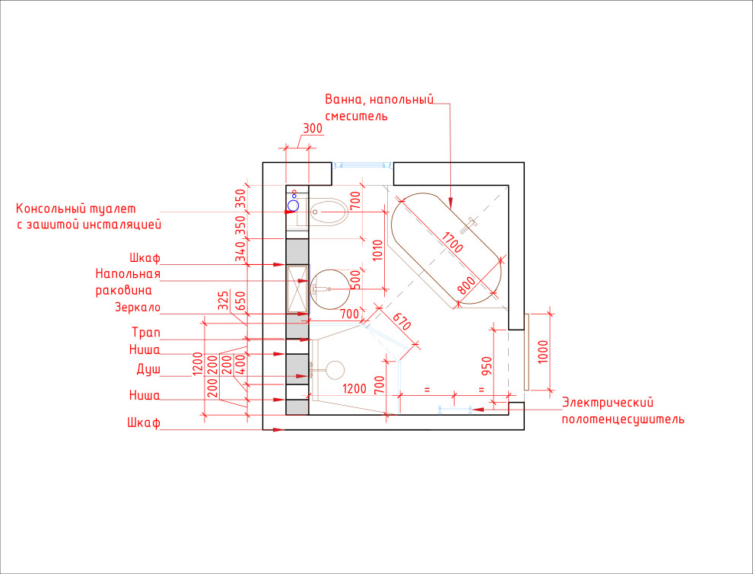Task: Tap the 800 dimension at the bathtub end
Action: (x=468, y=285)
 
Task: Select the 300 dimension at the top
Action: (x=312, y=129)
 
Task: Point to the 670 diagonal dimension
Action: (x=402, y=322)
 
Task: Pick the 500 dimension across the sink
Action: (x=355, y=279)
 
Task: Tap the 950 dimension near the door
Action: (x=488, y=366)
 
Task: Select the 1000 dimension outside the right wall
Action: (x=542, y=352)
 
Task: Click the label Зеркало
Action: (x=137, y=308)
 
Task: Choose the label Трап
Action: (x=145, y=333)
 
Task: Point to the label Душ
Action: (x=148, y=368)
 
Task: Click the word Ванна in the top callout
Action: (x=342, y=99)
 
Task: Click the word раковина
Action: (x=123, y=290)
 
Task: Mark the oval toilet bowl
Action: (x=328, y=212)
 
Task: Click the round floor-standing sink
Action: (x=329, y=289)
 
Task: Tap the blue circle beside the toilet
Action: (x=294, y=205)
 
